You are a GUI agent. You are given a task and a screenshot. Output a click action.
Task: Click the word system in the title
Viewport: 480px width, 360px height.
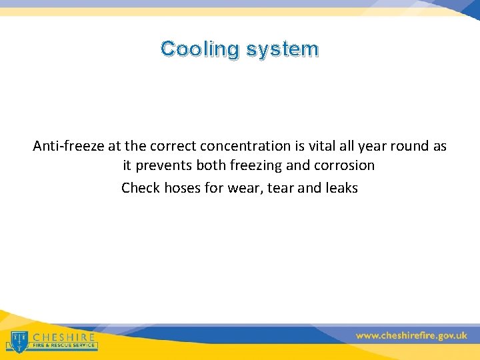tap(283, 49)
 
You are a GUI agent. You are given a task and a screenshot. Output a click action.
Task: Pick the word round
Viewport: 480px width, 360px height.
tap(415, 146)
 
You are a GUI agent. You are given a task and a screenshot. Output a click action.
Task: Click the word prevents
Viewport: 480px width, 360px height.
tap(165, 165)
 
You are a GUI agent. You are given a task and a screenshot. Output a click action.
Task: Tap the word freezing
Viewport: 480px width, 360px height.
tap(257, 165)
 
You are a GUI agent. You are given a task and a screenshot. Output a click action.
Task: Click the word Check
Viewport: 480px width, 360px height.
tap(141, 188)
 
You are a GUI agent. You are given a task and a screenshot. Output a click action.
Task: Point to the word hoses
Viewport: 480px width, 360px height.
tap(182, 188)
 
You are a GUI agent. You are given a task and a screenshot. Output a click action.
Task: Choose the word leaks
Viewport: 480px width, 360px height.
tap(341, 188)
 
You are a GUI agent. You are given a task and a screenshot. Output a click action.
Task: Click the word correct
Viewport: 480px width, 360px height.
tap(172, 146)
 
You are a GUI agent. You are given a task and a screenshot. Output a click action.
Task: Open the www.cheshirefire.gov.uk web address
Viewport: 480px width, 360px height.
tap(411, 336)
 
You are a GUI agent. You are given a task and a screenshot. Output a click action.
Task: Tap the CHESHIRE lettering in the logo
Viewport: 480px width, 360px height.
tap(64, 337)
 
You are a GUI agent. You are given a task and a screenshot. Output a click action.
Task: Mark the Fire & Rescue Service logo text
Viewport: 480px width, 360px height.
tap(64, 347)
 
